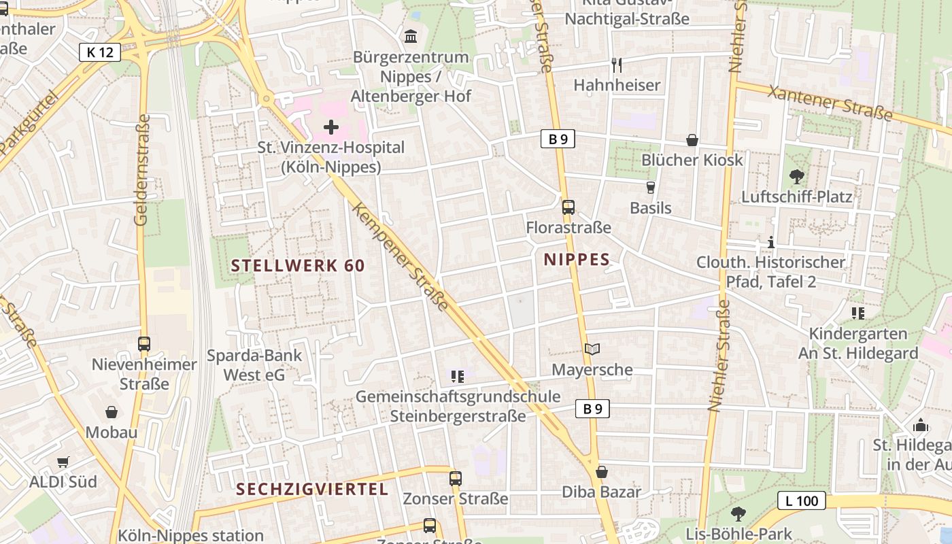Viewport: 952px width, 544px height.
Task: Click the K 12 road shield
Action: tap(100, 52)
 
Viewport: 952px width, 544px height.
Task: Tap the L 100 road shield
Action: tap(801, 501)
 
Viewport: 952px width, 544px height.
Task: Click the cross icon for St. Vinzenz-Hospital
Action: tap(331, 127)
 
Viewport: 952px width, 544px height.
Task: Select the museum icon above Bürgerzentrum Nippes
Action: tap(411, 36)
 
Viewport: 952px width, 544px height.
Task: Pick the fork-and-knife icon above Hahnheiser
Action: tap(617, 65)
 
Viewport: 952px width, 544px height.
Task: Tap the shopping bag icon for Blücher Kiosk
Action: tap(692, 140)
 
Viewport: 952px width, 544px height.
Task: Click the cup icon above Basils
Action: tap(651, 188)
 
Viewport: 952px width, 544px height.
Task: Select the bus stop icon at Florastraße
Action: tap(568, 207)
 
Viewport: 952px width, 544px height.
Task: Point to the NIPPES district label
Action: tap(577, 259)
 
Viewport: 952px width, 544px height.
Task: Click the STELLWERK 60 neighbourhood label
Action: tap(298, 266)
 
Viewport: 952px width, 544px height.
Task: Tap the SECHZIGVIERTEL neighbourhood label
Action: tap(312, 489)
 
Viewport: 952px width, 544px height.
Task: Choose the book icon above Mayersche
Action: tap(592, 350)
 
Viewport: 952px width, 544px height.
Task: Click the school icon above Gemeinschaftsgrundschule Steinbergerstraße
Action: tap(458, 375)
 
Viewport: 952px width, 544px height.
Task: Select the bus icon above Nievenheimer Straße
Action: tap(144, 344)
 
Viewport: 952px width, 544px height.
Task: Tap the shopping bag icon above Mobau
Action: tap(112, 412)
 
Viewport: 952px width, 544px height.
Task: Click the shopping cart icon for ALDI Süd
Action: tap(63, 462)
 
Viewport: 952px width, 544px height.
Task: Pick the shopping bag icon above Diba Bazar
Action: tap(602, 472)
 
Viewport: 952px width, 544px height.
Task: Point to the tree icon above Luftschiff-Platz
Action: tap(796, 177)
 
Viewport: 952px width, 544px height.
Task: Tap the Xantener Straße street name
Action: tap(830, 103)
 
